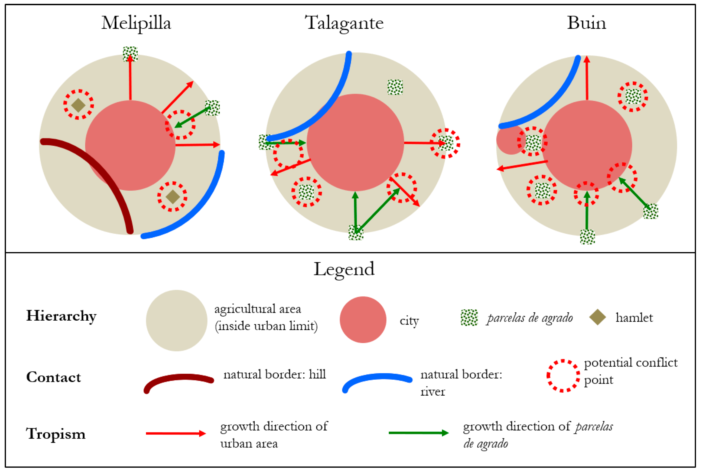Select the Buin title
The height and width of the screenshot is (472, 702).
click(x=586, y=23)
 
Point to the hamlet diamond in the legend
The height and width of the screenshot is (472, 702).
click(x=597, y=317)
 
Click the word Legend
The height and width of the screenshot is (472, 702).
click(x=344, y=269)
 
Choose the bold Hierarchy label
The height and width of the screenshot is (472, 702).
click(x=62, y=316)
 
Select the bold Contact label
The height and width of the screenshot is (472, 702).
click(x=54, y=377)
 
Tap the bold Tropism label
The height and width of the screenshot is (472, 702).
click(x=56, y=434)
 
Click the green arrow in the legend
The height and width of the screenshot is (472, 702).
click(x=418, y=433)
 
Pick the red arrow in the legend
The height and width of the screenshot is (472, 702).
click(x=176, y=433)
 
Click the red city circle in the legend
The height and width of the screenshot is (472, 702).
click(x=363, y=320)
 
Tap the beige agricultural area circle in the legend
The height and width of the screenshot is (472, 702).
click(x=177, y=320)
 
